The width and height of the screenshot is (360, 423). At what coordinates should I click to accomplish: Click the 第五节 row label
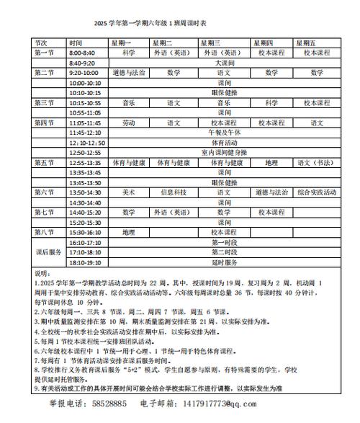44,163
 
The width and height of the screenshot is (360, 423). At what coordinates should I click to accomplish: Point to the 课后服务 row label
48,252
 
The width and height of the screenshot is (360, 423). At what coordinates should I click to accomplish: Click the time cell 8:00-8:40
82,53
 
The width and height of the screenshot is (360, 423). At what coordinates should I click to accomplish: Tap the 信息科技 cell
174,192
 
